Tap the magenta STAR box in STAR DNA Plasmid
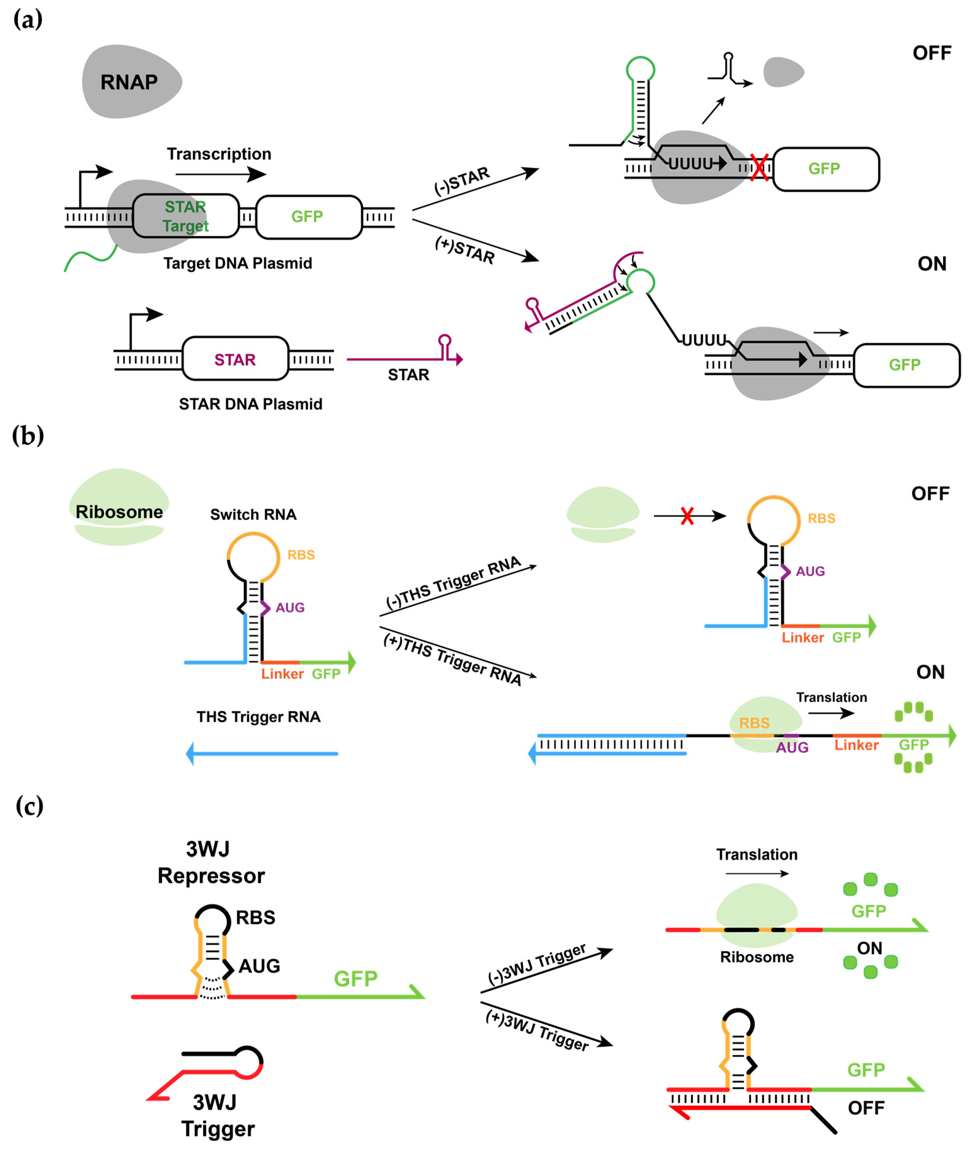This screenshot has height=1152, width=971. (235, 360)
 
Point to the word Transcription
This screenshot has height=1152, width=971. (219, 154)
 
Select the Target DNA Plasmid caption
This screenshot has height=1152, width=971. (237, 263)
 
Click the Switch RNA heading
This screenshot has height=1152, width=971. (253, 515)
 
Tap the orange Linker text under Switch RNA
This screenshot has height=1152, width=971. (282, 674)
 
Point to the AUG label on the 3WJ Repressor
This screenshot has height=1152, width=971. (259, 966)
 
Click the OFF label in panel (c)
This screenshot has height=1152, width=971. (866, 1108)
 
